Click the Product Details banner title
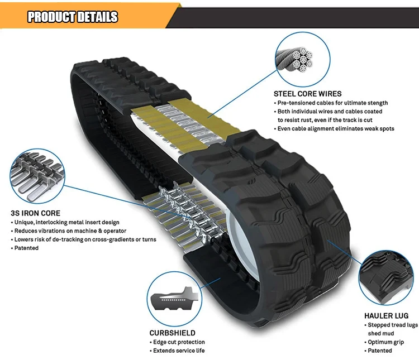tap(73, 17)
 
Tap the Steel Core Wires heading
tap(307, 94)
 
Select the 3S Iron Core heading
tap(35, 213)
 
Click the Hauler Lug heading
tap(386, 315)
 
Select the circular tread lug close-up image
tap(384, 277)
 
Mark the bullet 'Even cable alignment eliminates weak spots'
tap(336, 128)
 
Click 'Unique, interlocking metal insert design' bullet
tap(66, 223)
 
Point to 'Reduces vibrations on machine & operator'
tap(70, 231)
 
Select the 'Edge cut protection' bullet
tap(178, 342)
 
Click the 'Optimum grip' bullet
tap(385, 342)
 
